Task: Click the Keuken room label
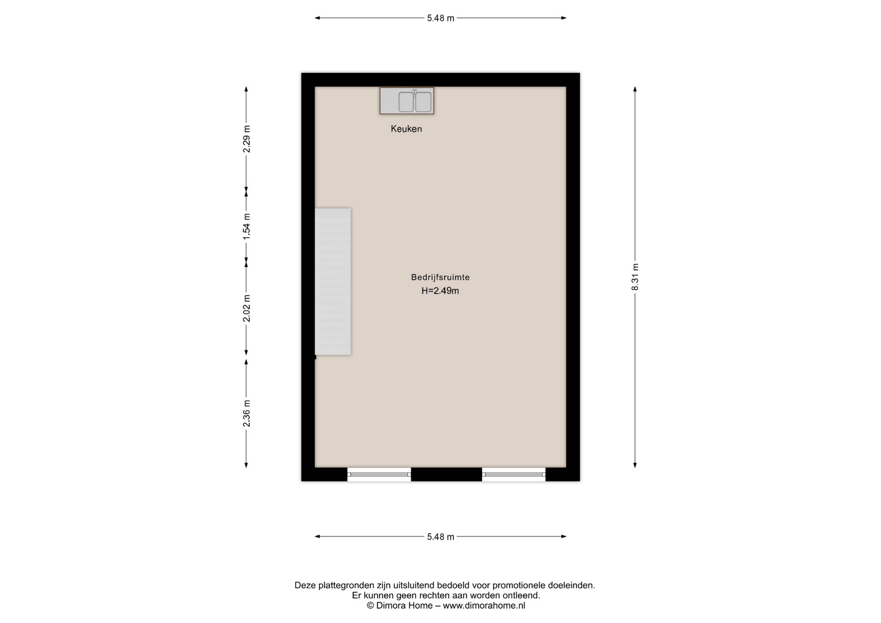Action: point(406,129)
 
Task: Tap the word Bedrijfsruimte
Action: point(440,277)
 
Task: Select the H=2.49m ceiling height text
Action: point(440,290)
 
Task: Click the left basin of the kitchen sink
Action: point(406,102)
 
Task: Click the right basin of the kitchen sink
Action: point(423,102)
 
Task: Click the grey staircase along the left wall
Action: point(333,282)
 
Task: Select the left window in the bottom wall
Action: point(379,474)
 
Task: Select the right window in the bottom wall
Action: point(513,474)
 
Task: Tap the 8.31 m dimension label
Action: point(635,277)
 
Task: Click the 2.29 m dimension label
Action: point(246,139)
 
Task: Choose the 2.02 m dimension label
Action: point(246,308)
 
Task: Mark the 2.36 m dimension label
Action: point(246,413)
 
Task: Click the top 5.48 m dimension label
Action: point(440,18)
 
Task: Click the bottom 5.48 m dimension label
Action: point(440,537)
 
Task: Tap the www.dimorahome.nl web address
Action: point(484,606)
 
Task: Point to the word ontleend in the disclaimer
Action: point(522,595)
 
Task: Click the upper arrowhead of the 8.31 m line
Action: point(635,89)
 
